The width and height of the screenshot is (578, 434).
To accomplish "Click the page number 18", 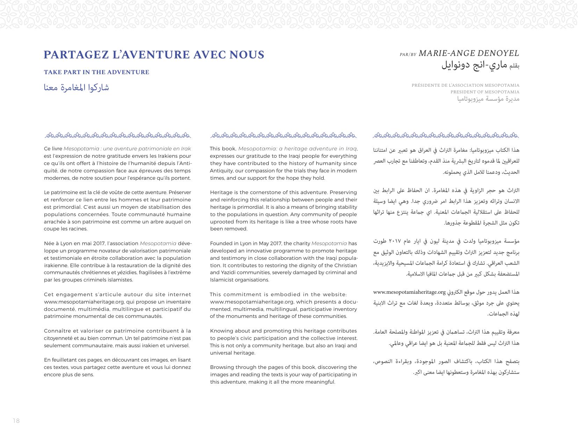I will coord(16,421).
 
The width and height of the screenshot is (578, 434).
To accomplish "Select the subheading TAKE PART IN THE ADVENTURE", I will coord(96,72).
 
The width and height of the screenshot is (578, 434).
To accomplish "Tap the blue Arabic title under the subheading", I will coord(77,87).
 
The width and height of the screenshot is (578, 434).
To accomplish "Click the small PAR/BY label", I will coord(408,55).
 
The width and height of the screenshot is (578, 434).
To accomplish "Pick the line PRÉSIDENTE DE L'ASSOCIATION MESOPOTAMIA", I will coord(465,85).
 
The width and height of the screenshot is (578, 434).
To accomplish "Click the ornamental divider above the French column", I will coord(118,135).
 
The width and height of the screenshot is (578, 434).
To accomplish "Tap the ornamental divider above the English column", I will coord(284,135).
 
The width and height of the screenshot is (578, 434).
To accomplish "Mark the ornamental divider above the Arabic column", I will coord(446,135).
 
